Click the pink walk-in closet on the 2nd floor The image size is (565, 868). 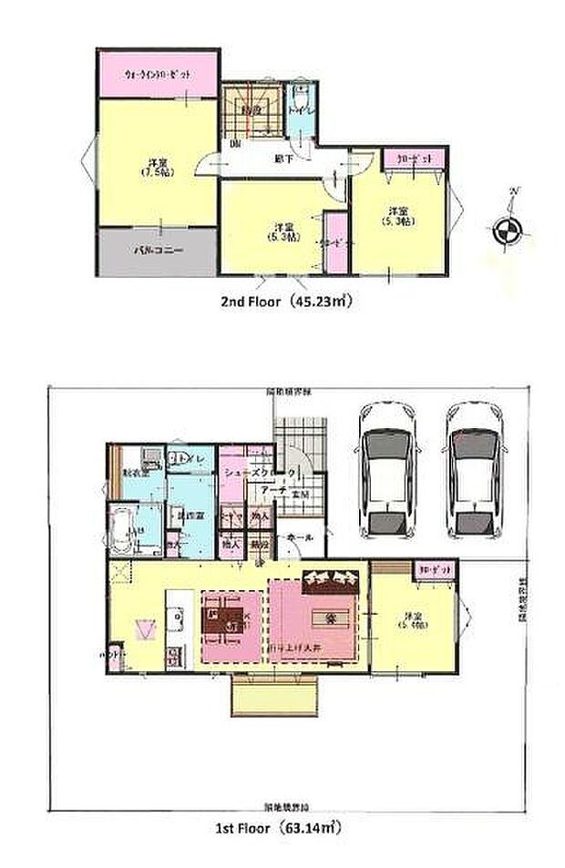point(157,75)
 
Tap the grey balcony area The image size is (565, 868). point(157,250)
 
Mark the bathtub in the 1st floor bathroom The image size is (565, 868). point(122,531)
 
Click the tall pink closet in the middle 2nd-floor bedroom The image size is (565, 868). point(334,241)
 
